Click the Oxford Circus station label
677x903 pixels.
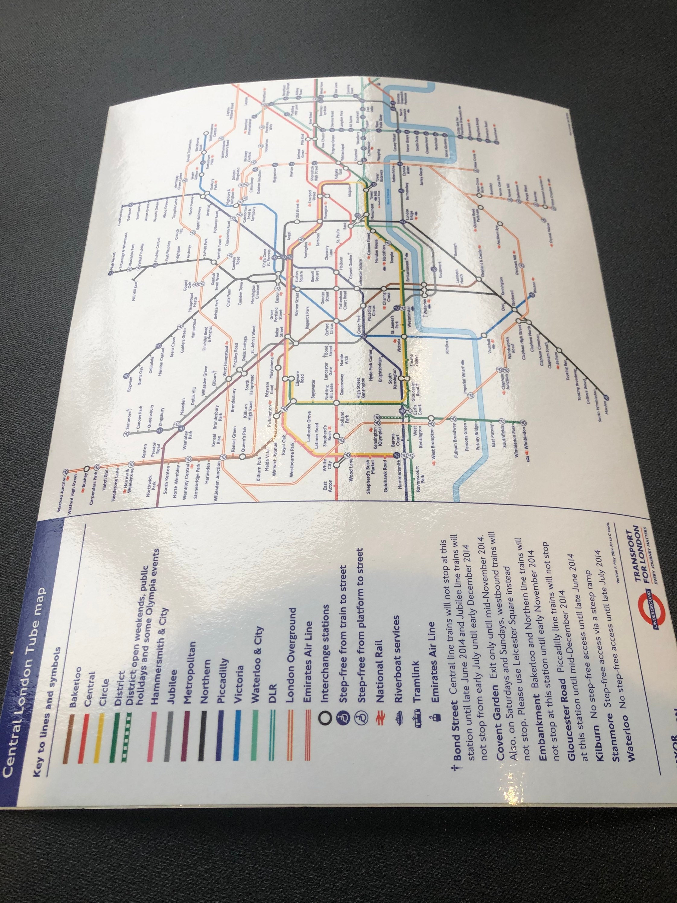[329, 329]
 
